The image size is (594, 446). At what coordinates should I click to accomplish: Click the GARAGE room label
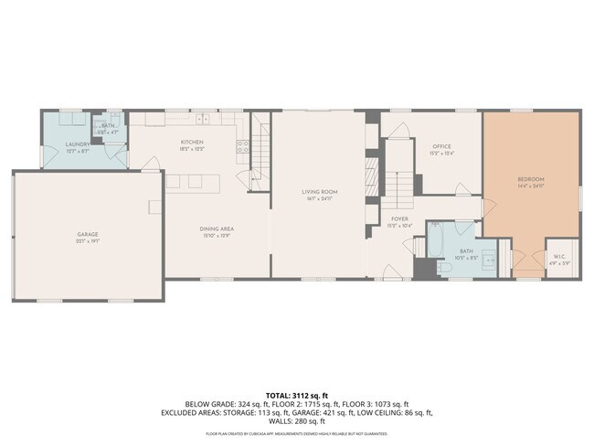tap(87, 234)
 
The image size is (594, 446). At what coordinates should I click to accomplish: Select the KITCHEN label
tap(192, 142)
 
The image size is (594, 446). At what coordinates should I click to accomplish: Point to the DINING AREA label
tap(217, 228)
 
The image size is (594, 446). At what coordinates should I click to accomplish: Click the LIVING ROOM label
tap(320, 191)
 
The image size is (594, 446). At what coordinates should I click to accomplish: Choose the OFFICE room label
tap(442, 146)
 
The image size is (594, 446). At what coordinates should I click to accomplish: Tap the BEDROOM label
tap(531, 178)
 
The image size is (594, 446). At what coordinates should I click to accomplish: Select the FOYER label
tap(399, 218)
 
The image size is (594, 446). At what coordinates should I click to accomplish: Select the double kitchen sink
tap(203, 119)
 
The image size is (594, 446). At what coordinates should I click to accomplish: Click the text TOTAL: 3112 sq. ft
tap(297, 394)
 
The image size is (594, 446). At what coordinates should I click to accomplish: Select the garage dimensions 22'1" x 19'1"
tap(87, 243)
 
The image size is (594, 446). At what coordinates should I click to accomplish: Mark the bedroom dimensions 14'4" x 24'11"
tap(531, 186)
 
